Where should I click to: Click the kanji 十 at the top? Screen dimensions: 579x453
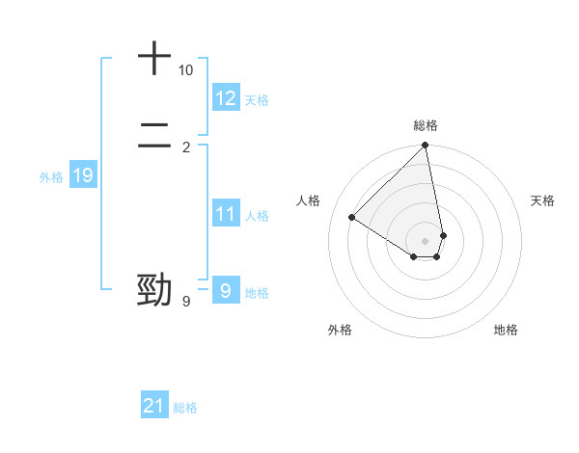[x=154, y=58]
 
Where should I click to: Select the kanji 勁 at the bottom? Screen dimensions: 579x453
[x=154, y=289]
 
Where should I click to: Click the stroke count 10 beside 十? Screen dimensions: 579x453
[x=185, y=70]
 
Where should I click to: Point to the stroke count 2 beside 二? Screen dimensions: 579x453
[x=186, y=147]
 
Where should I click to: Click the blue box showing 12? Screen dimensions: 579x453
[x=226, y=98]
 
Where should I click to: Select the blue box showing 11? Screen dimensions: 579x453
[x=226, y=214]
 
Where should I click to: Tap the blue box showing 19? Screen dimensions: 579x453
[x=83, y=175]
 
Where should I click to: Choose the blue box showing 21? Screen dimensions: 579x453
[x=154, y=406]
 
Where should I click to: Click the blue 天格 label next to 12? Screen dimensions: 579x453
[x=257, y=100]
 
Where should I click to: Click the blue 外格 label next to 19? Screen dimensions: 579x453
[x=51, y=177]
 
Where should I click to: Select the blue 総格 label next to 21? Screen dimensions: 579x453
[x=185, y=408]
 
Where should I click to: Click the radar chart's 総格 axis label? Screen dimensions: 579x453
[x=426, y=125]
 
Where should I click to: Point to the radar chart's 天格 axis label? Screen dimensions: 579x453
[x=543, y=200]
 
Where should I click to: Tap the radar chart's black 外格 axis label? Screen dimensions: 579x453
[x=340, y=330]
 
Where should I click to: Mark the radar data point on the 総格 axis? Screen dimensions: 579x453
[x=426, y=146]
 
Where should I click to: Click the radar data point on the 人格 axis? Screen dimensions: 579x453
[x=352, y=217]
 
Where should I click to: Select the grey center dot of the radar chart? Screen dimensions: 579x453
[x=426, y=240]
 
